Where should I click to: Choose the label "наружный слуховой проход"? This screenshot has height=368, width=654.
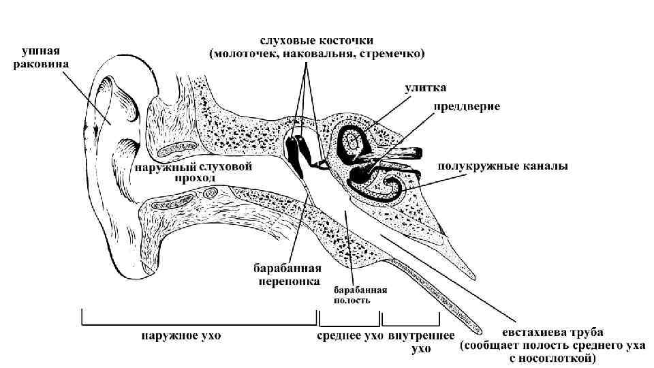194,172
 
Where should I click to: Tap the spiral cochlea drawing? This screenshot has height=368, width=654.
352,142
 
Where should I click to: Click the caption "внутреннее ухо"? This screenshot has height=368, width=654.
422,342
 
